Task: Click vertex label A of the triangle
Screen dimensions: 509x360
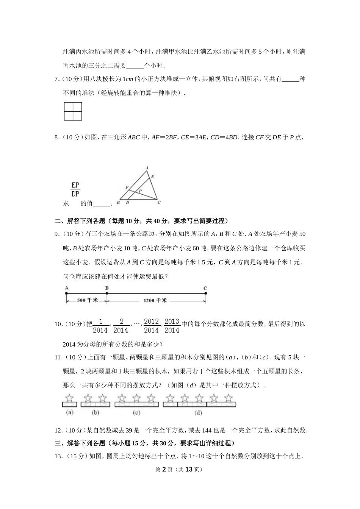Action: click(147, 167)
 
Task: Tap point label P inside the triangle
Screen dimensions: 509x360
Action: click(140, 191)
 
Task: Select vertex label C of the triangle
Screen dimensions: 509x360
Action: click(159, 203)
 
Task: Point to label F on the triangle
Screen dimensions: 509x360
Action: click(127, 187)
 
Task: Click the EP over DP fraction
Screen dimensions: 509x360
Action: click(75, 189)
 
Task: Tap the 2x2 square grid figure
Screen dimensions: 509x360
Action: click(73, 111)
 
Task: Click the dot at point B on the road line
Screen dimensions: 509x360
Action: click(107, 293)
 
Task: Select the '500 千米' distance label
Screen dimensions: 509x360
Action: click(88, 300)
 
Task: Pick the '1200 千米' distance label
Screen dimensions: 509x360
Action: click(155, 300)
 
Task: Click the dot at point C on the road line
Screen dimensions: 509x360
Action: click(205, 293)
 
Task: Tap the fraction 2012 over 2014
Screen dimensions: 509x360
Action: click(151, 326)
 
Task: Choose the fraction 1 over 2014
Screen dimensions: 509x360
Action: click(100, 326)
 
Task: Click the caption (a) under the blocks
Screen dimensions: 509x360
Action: click(69, 413)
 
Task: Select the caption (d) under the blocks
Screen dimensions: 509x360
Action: click(198, 413)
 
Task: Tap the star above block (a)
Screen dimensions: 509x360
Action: click(69, 398)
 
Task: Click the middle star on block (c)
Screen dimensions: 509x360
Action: click(136, 398)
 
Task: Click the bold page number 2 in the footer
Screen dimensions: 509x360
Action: click(164, 469)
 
